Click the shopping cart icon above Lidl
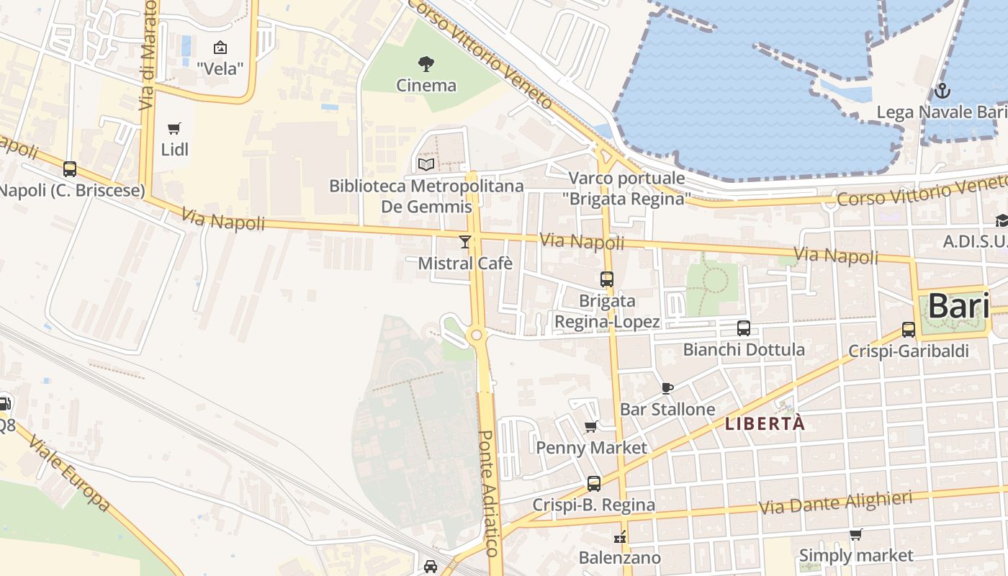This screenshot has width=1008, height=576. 174,129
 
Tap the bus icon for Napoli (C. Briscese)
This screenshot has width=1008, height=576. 70,169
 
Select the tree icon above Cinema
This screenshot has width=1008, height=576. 426,64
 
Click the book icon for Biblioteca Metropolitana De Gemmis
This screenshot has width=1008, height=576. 426,164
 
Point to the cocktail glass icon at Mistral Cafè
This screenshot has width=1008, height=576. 465,242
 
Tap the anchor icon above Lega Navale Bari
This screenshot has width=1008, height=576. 942,91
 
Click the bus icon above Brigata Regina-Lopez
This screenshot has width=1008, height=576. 607,279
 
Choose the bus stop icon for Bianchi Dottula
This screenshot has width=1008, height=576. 744,328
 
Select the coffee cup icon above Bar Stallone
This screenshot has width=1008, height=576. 667,388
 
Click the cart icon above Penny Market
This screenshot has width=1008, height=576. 592,426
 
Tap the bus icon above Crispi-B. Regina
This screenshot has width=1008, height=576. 594,484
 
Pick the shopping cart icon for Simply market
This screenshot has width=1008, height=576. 855,534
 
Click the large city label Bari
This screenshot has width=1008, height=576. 958,306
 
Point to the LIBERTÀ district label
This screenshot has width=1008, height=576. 765,424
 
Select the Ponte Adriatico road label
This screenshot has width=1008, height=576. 488,493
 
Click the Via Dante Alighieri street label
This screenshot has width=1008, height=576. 835,503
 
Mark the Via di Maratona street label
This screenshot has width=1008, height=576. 148,54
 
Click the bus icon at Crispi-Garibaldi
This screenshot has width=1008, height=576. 909,330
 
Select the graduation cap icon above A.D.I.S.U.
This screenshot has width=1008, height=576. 1002,220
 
